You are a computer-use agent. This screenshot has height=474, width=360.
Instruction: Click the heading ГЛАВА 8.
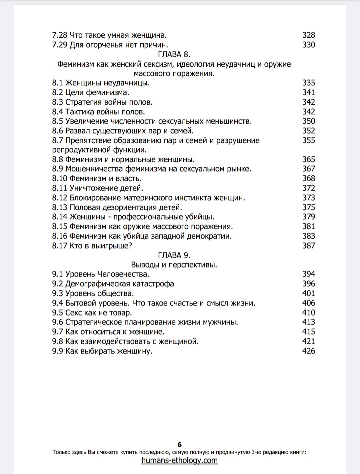click(174, 54)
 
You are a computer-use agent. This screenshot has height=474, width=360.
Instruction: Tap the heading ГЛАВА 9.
click(174, 255)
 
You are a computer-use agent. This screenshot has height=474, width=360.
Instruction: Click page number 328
click(308, 35)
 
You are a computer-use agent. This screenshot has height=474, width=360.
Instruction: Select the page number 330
click(308, 45)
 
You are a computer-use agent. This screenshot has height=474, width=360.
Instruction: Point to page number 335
click(308, 83)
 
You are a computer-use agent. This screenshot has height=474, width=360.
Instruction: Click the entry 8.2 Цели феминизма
click(90, 92)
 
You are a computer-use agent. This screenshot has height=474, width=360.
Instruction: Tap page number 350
click(308, 121)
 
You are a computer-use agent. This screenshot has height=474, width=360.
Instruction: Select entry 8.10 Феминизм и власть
click(97, 178)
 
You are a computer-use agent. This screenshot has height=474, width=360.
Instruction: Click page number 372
click(308, 188)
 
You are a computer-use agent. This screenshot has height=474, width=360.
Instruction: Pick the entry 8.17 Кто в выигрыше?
click(92, 246)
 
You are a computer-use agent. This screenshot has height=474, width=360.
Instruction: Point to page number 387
click(308, 246)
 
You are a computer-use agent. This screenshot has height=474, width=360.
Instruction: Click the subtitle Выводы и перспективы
click(174, 265)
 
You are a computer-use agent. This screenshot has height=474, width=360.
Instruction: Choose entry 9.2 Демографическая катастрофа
click(113, 284)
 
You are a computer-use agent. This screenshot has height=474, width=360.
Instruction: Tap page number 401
click(308, 293)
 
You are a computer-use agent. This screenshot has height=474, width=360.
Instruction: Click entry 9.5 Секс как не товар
click(92, 313)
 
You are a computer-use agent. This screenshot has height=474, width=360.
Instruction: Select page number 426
click(308, 351)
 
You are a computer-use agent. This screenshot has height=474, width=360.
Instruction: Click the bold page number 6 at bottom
click(180, 444)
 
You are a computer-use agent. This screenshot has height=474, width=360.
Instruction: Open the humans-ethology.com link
click(179, 460)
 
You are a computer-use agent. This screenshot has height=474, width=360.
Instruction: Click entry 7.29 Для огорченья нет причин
click(110, 45)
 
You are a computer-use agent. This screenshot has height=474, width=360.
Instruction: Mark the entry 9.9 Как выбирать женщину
click(102, 351)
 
